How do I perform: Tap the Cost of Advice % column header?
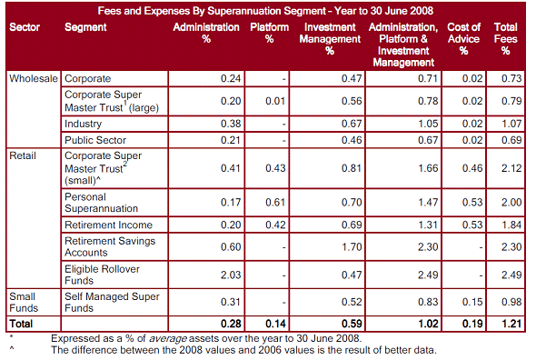pos(463,39)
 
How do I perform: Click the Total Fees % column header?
pos(506,39)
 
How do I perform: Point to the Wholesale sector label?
pos(34,79)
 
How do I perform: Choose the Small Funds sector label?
pos(24,302)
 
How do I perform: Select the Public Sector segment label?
pos(95,139)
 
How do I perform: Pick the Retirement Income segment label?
pos(108,225)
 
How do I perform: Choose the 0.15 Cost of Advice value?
pos(471,303)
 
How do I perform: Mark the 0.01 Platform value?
pos(277,101)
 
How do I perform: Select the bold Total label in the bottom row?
pos(22,323)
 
